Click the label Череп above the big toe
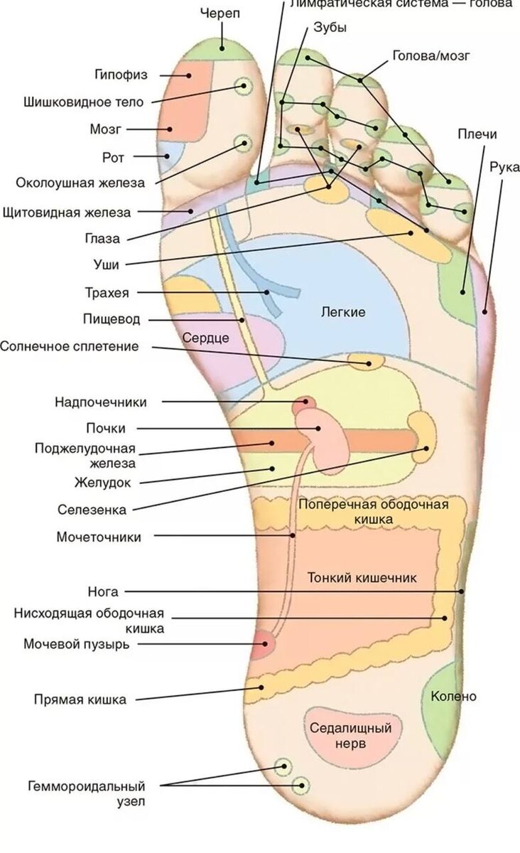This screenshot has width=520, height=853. [x=220, y=14]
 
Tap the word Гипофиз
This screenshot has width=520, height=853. [x=121, y=75]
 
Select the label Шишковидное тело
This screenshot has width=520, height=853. [x=84, y=102]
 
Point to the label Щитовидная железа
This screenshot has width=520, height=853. [x=67, y=213]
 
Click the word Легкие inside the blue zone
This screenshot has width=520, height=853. [x=343, y=312]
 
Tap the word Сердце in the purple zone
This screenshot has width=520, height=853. [x=205, y=338]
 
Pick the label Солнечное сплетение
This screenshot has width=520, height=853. [x=70, y=347]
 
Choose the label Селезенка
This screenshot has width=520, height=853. [x=92, y=510]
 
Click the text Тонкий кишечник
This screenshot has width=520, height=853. [x=362, y=578]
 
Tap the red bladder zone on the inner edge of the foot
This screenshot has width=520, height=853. [x=263, y=644]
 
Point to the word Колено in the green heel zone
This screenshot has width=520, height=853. [x=453, y=697]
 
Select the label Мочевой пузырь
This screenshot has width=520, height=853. [x=77, y=644]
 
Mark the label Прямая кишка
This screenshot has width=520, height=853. [x=80, y=699]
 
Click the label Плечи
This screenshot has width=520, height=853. [x=477, y=134]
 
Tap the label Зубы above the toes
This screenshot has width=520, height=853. [x=330, y=28]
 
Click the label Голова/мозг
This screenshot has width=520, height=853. [x=431, y=56]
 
